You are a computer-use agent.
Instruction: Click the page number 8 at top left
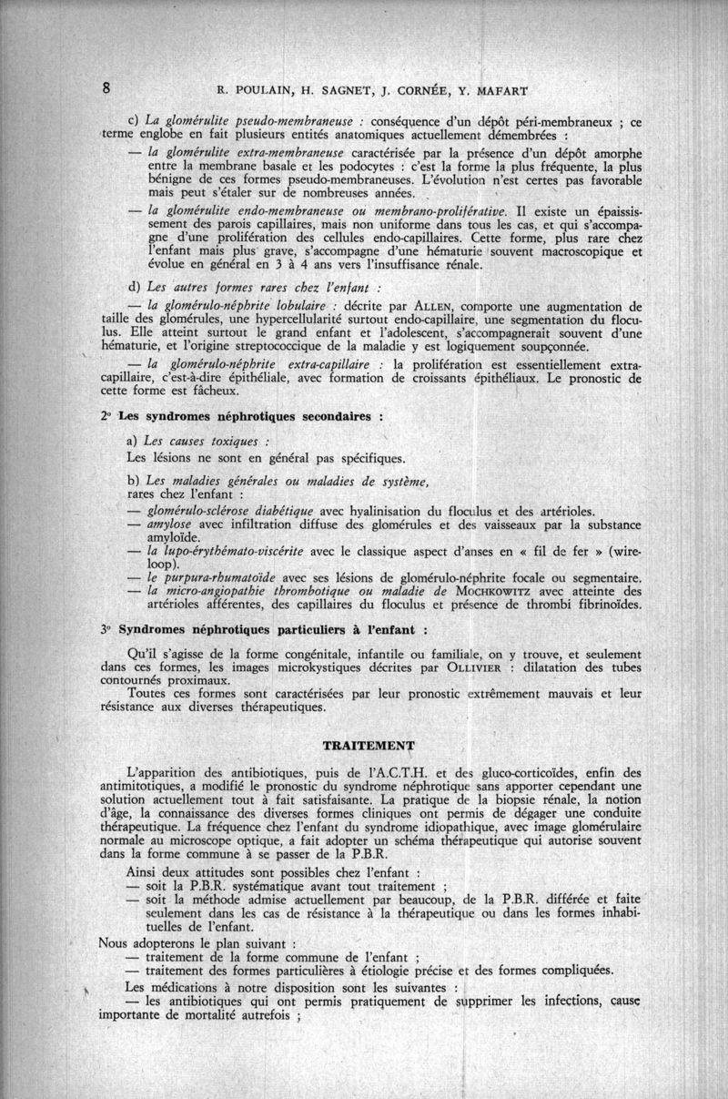[x=106, y=88]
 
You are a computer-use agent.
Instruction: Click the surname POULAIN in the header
[x=264, y=90]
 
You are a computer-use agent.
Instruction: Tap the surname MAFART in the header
[x=500, y=90]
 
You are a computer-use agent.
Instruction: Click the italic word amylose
[x=171, y=524]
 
